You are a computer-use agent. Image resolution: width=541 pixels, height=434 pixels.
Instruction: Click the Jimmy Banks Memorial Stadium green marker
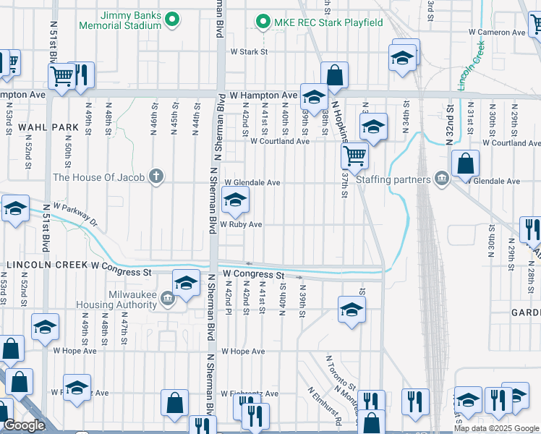point(172,20)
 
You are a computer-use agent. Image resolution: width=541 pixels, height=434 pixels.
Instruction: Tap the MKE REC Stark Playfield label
point(328,22)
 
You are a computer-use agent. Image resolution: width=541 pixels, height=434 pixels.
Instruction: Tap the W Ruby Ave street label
point(241,225)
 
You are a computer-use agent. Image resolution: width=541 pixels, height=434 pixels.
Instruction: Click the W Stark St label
point(249,52)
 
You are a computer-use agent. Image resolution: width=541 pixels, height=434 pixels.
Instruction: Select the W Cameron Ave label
point(496,33)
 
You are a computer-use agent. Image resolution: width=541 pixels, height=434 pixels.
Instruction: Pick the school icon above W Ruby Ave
point(235,201)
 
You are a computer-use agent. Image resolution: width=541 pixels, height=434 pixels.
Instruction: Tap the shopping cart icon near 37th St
point(354,154)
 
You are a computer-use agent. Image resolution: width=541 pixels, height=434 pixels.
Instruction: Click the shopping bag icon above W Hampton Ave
point(334,75)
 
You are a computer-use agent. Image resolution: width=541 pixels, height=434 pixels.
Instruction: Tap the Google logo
point(25,425)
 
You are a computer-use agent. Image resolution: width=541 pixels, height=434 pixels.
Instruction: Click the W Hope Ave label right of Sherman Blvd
point(243,352)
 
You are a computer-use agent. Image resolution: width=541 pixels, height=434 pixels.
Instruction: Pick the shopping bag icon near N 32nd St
point(465,164)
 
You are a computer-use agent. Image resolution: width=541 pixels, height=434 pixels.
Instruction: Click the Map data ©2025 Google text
point(496,428)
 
